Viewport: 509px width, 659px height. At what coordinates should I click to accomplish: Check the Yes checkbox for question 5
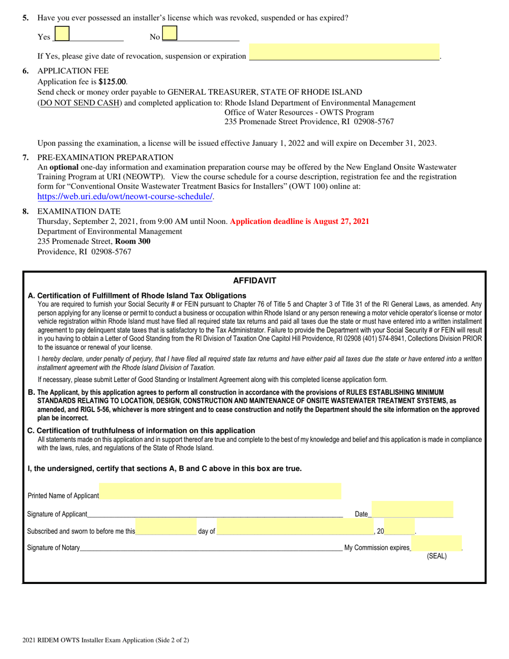pyautogui.click(x=62, y=34)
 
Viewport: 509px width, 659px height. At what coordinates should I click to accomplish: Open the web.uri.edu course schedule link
pyautogui.click(x=125, y=197)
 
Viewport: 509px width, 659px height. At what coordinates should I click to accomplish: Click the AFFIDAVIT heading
pyautogui.click(x=254, y=280)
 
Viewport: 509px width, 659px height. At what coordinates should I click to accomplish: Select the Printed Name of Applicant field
pyautogui.click(x=220, y=491)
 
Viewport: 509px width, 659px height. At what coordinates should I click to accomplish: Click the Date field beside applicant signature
pyautogui.click(x=412, y=510)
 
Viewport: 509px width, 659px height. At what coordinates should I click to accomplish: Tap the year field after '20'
pyautogui.click(x=399, y=527)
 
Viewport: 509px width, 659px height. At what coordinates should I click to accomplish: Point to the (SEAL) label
pyautogui.click(x=436, y=556)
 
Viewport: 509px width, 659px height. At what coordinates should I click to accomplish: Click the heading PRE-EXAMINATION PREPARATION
pyautogui.click(x=105, y=158)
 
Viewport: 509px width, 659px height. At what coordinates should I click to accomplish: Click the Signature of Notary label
pyautogui.click(x=54, y=548)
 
